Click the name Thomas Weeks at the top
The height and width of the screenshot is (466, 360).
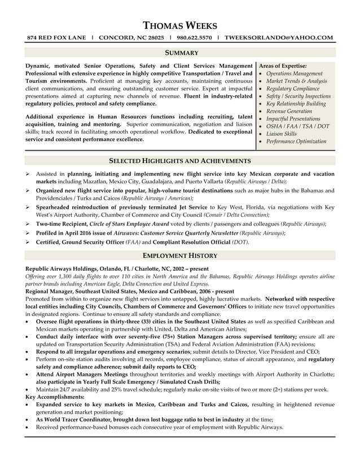180,25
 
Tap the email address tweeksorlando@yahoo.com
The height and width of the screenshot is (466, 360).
279,38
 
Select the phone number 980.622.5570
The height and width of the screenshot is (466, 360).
194,38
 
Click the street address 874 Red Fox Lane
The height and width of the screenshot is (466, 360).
56,38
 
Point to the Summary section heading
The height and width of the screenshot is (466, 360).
181,52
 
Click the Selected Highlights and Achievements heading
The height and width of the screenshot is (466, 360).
180,161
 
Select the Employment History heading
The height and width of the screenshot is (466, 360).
180,256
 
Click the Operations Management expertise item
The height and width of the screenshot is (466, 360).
294,74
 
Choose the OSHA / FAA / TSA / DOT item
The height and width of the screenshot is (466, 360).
297,126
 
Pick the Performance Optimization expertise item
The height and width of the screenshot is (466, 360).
296,142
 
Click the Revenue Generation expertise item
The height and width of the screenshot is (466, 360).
289,112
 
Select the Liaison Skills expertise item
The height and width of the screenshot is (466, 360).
281,134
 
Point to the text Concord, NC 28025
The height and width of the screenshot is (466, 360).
131,38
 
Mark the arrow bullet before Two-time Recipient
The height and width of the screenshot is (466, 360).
28,224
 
